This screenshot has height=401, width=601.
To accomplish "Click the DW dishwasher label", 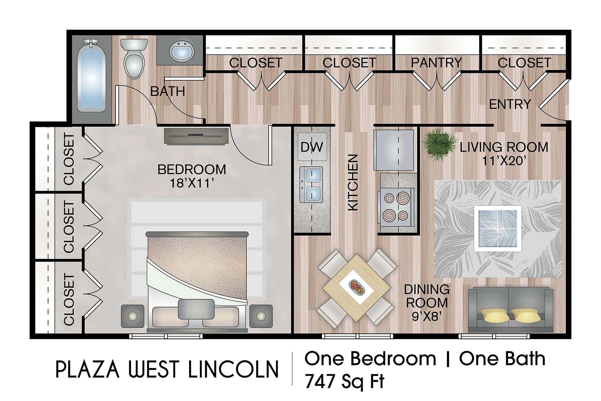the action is pos(312,147).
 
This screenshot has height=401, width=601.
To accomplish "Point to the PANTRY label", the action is pos(436,63).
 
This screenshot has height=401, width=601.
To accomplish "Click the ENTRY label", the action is pos(510,104).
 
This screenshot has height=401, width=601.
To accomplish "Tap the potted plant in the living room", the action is pos(438,145).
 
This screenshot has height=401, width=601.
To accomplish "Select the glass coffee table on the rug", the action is pos(498,229).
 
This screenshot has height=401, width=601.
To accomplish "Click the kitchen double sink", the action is pos(311,185).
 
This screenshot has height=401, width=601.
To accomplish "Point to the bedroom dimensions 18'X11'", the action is pos(192,184).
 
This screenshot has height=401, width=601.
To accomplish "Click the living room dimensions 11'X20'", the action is pos(504,161).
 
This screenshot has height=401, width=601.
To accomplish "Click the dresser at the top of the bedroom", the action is pos(196,136).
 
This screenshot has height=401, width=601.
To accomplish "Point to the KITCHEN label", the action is pos(353,182).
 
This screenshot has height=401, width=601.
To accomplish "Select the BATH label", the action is pos(168,92).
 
